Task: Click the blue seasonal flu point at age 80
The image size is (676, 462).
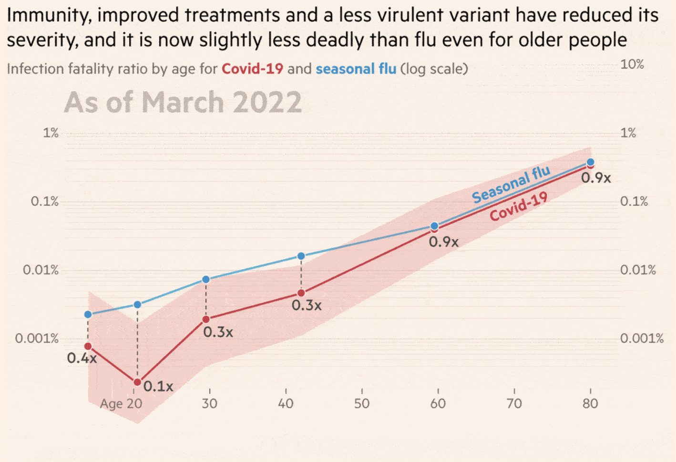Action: point(590,162)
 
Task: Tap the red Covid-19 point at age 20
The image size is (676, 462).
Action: point(137,382)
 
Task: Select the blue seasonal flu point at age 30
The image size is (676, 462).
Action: point(206,279)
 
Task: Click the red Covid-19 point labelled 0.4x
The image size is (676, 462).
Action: point(88,346)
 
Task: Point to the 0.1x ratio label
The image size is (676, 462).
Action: point(158,386)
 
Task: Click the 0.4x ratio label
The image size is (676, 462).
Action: point(82,358)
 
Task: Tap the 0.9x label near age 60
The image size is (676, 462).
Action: point(443,242)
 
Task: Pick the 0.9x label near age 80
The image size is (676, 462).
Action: point(596,178)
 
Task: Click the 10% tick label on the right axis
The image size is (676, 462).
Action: point(632,64)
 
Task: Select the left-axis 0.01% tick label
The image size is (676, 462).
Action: point(41,270)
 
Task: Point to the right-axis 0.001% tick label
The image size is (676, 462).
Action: point(642,338)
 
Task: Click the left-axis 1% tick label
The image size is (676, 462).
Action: point(51,133)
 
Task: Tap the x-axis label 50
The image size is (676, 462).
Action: point(362,404)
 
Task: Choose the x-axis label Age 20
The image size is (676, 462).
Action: point(121,404)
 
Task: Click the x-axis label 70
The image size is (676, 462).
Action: point(514,404)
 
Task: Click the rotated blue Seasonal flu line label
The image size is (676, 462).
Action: point(511,184)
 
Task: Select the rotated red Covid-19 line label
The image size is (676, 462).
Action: point(519,207)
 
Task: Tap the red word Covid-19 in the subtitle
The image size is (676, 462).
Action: point(252,69)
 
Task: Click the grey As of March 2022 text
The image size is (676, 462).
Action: point(183,102)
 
